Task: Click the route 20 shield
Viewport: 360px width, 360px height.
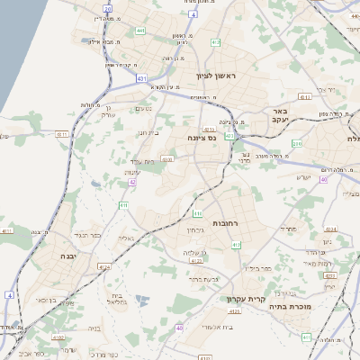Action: (108, 8)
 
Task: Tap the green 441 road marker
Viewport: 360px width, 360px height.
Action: (140, 31)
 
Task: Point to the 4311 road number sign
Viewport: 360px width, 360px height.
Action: (62, 135)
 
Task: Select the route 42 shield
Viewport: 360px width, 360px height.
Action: (132, 182)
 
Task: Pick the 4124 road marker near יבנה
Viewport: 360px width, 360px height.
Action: (103, 266)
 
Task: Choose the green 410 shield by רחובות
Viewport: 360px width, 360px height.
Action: (197, 213)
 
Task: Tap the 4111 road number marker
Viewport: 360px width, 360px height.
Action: (7, 231)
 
